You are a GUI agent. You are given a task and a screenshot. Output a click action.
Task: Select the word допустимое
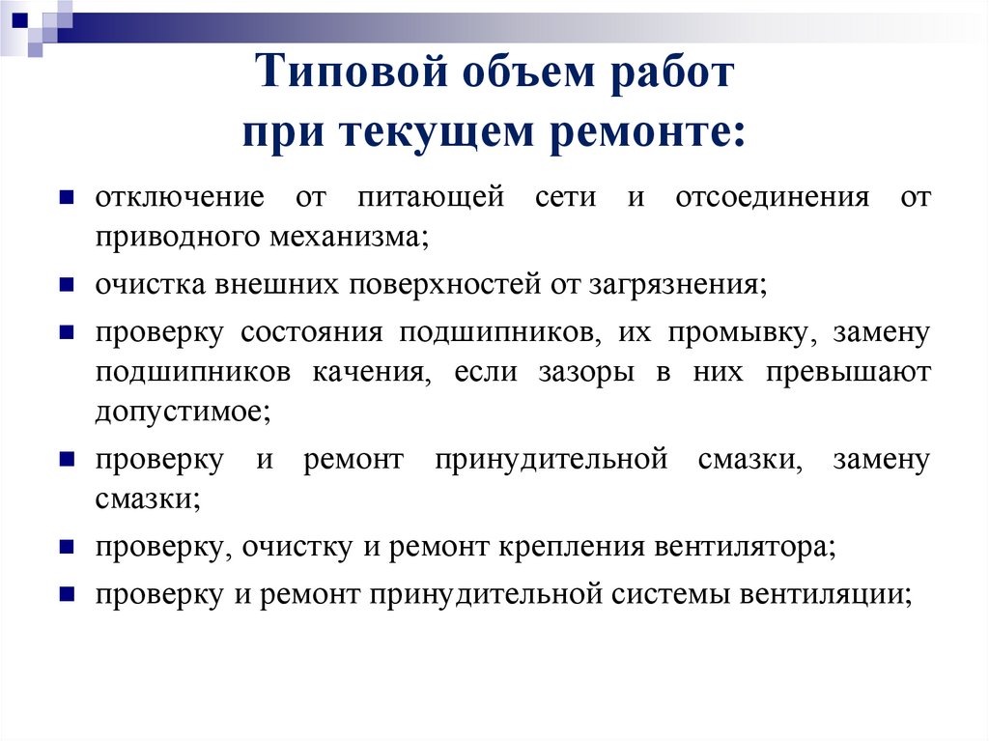click(x=184, y=412)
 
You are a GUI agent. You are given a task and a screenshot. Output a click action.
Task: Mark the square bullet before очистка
click(x=67, y=285)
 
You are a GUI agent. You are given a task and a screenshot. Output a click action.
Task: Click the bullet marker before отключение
click(x=67, y=197)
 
